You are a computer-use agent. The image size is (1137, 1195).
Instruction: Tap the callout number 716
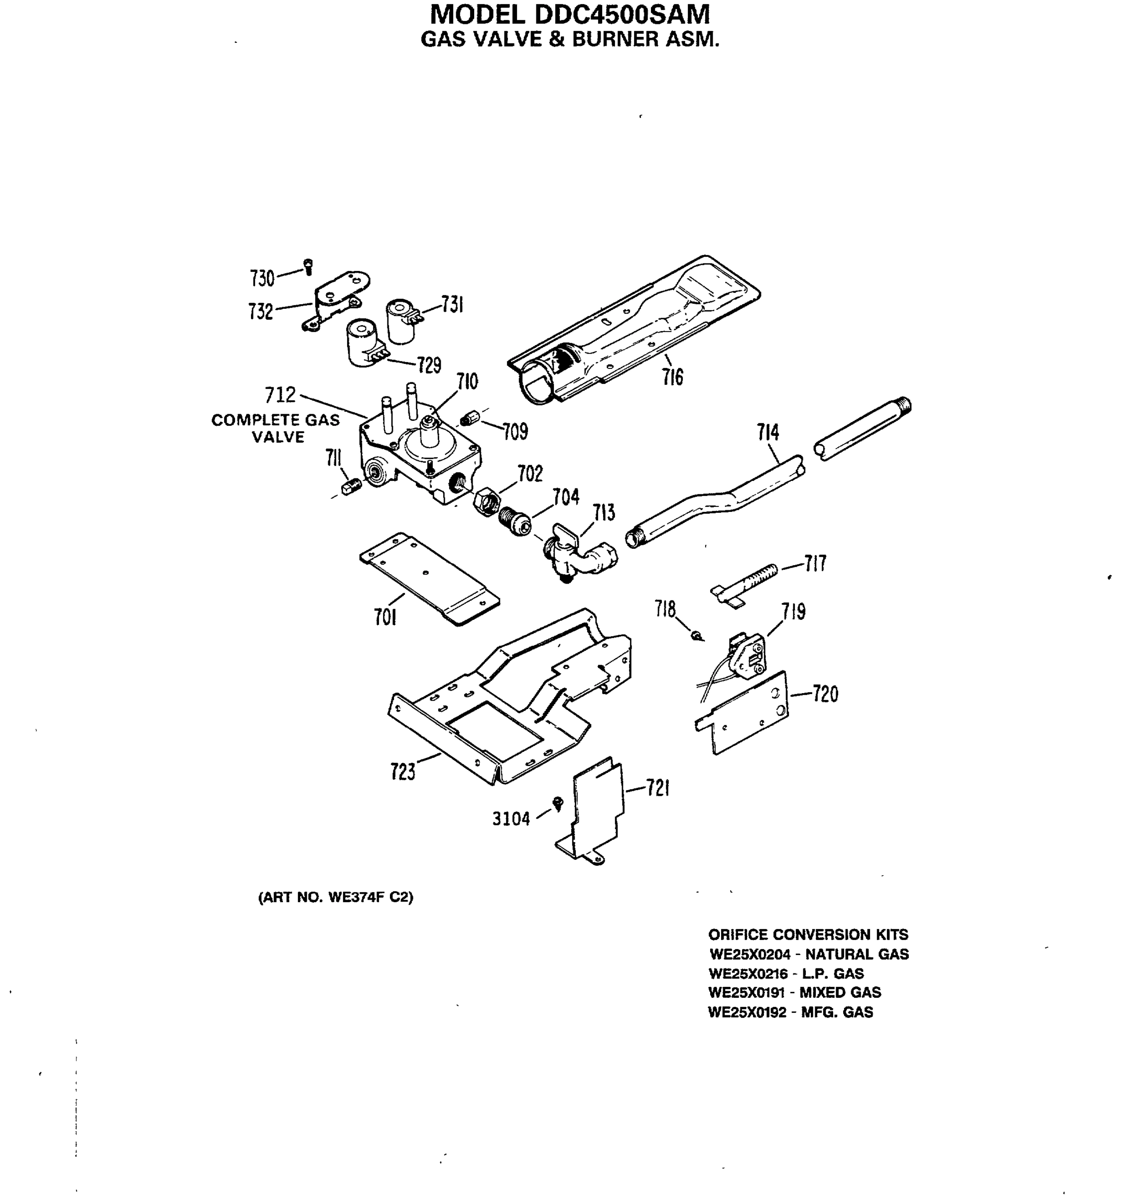(x=672, y=377)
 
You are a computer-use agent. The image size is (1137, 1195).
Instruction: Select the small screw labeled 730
(x=308, y=266)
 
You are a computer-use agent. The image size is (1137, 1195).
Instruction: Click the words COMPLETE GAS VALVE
(x=276, y=428)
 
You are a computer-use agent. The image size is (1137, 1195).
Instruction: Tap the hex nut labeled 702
(x=486, y=500)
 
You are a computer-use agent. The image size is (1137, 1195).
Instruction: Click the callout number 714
(x=767, y=433)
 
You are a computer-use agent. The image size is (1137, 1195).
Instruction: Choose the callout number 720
(x=825, y=694)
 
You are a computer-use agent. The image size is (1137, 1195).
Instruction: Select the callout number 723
(x=402, y=772)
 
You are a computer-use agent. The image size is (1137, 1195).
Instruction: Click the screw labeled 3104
(x=558, y=804)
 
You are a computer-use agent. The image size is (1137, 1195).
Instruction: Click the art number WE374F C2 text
(x=336, y=897)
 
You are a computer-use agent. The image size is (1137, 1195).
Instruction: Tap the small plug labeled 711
(x=348, y=486)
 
